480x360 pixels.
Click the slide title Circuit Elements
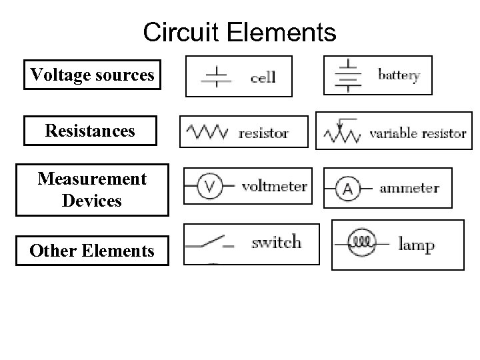240,32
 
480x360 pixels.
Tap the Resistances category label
90,131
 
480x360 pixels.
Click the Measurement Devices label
92,190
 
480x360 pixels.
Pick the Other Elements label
92,251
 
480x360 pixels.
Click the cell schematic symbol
216,77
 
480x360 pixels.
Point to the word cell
263,77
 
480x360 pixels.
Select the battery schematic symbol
347,75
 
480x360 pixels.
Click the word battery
399,75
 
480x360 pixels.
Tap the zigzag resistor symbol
207,131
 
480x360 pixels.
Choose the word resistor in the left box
263,133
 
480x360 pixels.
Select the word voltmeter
274,187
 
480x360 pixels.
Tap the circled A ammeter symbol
347,189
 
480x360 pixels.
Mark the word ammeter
409,189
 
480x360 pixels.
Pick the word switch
276,242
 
